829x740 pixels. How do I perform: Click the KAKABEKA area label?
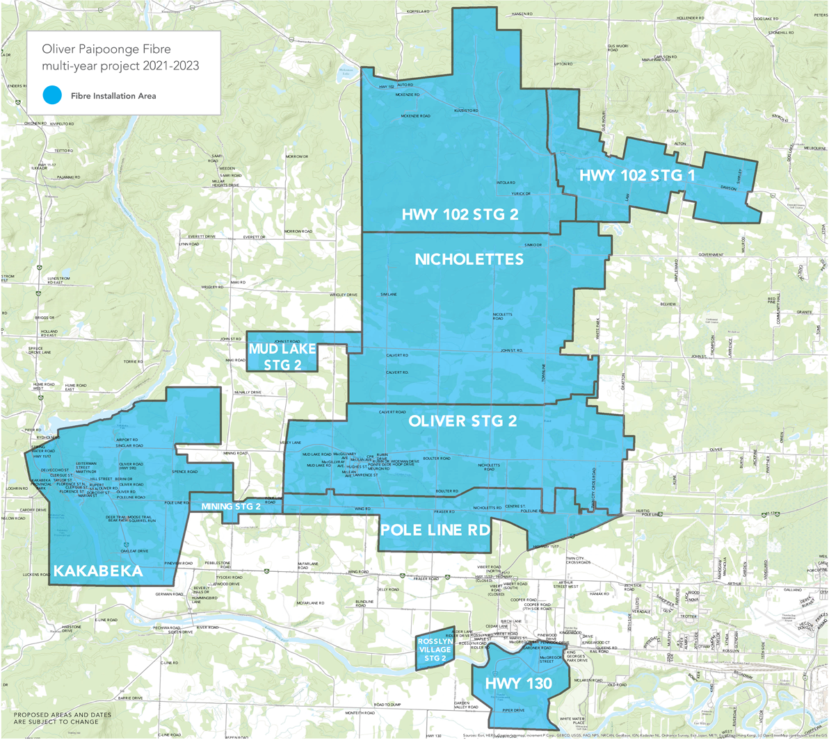click(x=98, y=571)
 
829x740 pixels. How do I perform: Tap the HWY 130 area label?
click(x=518, y=684)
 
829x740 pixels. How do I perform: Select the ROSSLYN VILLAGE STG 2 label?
click(x=435, y=650)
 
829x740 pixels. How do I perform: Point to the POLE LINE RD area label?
click(x=435, y=529)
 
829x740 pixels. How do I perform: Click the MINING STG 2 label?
click(x=231, y=507)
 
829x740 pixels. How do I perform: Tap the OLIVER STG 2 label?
click(x=462, y=421)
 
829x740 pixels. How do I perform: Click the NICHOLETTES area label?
click(x=469, y=259)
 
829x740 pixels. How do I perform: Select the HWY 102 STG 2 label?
click(x=460, y=215)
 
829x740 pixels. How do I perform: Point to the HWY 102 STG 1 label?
click(x=637, y=176)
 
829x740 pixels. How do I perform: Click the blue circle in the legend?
click(x=51, y=96)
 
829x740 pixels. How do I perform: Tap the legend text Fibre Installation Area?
click(x=113, y=96)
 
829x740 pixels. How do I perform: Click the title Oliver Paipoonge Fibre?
click(x=106, y=50)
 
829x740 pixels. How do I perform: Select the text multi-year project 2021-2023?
click(x=120, y=66)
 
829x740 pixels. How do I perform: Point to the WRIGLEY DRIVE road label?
click(x=344, y=295)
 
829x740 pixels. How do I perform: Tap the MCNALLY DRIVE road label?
click(x=248, y=393)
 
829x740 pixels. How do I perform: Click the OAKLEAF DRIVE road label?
click(x=134, y=551)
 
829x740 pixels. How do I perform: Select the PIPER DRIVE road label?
click(x=513, y=710)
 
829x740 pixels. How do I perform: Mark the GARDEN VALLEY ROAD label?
click(x=466, y=705)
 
